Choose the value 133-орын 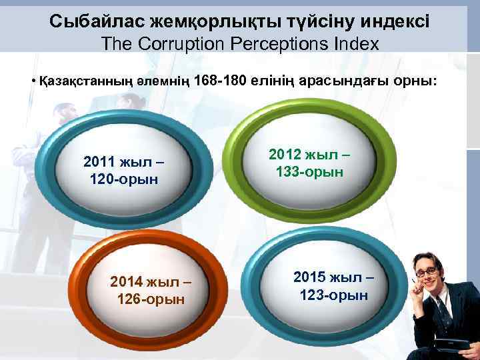click(x=309, y=172)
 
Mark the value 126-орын click(x=150, y=299)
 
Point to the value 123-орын click(x=333, y=295)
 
